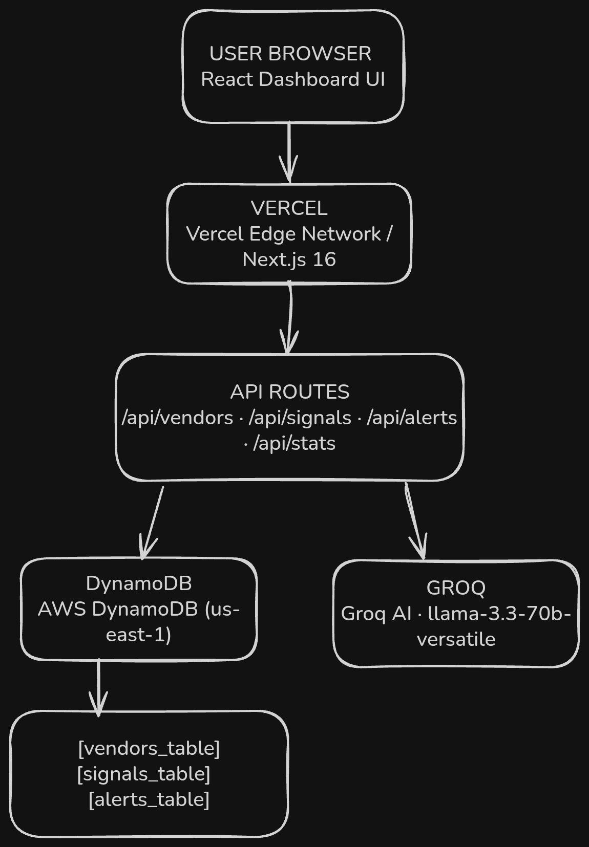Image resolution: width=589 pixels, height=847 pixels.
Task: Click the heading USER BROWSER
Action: (x=290, y=54)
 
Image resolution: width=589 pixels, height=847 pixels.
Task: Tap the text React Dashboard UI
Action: (x=293, y=79)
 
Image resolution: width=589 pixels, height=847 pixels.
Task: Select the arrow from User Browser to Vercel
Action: (x=289, y=152)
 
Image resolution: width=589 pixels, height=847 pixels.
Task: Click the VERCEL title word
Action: (x=289, y=208)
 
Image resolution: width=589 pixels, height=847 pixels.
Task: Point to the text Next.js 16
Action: (x=289, y=260)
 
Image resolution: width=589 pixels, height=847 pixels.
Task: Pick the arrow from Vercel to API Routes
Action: (x=290, y=318)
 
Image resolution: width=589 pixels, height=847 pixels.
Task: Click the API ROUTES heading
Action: (x=290, y=392)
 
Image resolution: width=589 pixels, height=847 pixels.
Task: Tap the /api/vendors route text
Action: (x=177, y=418)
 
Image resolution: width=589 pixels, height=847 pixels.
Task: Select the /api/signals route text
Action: (x=300, y=418)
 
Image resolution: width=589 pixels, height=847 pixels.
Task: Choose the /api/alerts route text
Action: (x=412, y=418)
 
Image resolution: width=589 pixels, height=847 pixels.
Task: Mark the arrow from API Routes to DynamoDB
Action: (x=152, y=523)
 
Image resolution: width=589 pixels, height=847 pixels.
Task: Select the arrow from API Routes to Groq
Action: (x=415, y=521)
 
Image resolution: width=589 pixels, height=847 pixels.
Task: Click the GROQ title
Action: (x=456, y=588)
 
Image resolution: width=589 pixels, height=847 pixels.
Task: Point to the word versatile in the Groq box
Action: (x=456, y=639)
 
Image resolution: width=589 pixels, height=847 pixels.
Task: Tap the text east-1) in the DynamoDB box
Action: (x=139, y=635)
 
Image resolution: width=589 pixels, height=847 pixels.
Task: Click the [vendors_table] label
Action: (x=149, y=749)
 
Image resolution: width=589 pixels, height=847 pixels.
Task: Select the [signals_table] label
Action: (x=144, y=774)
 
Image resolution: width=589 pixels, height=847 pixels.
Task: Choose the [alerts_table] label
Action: (x=149, y=800)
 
